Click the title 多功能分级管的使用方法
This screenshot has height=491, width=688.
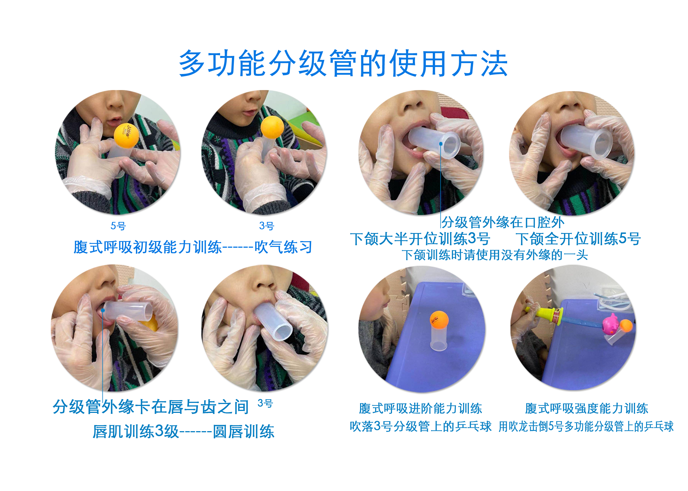pos(343,63)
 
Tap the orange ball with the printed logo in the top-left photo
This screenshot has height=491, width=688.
pos(127,136)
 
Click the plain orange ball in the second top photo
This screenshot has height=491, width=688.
pos(272,127)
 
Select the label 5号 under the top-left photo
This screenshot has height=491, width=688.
pos(118,226)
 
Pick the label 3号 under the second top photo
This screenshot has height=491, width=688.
pos(266,226)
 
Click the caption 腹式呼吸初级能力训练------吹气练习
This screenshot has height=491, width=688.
pos(193,247)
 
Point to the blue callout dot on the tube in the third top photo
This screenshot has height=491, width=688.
pos(441,144)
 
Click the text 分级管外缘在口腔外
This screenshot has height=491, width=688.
pos(502,222)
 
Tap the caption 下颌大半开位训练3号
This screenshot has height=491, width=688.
pos(420,239)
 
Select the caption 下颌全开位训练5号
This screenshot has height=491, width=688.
pos(578,239)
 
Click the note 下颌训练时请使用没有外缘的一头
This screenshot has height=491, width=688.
pos(495,255)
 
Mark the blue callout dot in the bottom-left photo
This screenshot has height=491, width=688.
pos(103,311)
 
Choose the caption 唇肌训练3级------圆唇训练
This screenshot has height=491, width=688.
pos(183,431)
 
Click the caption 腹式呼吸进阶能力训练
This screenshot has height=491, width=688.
pos(420,408)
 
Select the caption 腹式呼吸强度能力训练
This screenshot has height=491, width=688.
pos(586,408)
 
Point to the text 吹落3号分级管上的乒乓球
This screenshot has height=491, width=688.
pos(420,426)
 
